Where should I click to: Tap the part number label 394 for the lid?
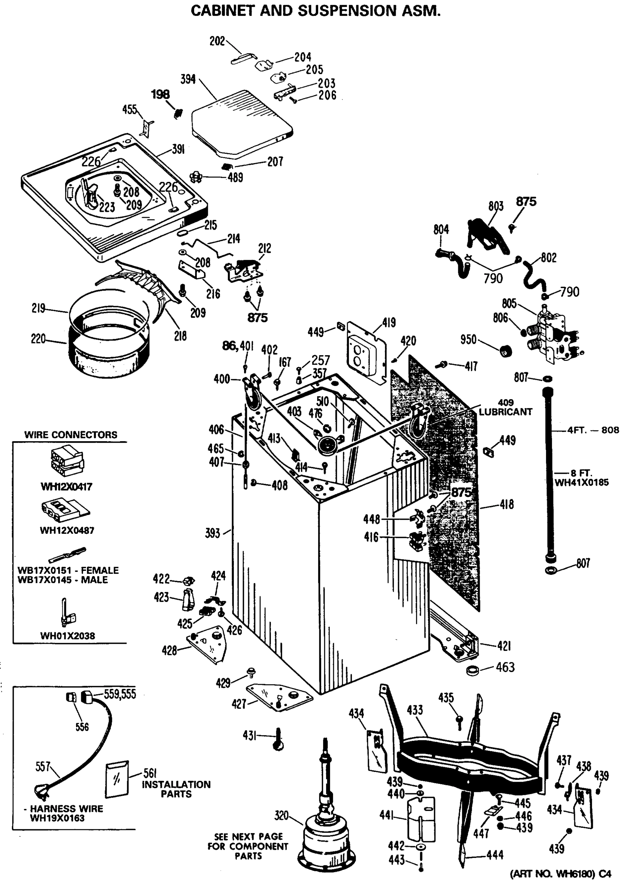point(188,79)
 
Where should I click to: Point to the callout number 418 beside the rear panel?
point(507,505)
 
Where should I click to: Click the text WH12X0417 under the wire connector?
point(66,487)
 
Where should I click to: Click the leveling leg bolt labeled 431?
point(278,739)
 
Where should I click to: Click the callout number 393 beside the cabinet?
point(213,533)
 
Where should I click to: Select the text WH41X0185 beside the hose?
point(581,482)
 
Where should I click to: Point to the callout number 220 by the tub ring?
point(38,339)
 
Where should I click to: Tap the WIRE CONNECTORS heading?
point(71,435)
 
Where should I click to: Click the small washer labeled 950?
point(506,351)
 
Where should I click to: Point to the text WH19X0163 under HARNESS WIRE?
point(57,818)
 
